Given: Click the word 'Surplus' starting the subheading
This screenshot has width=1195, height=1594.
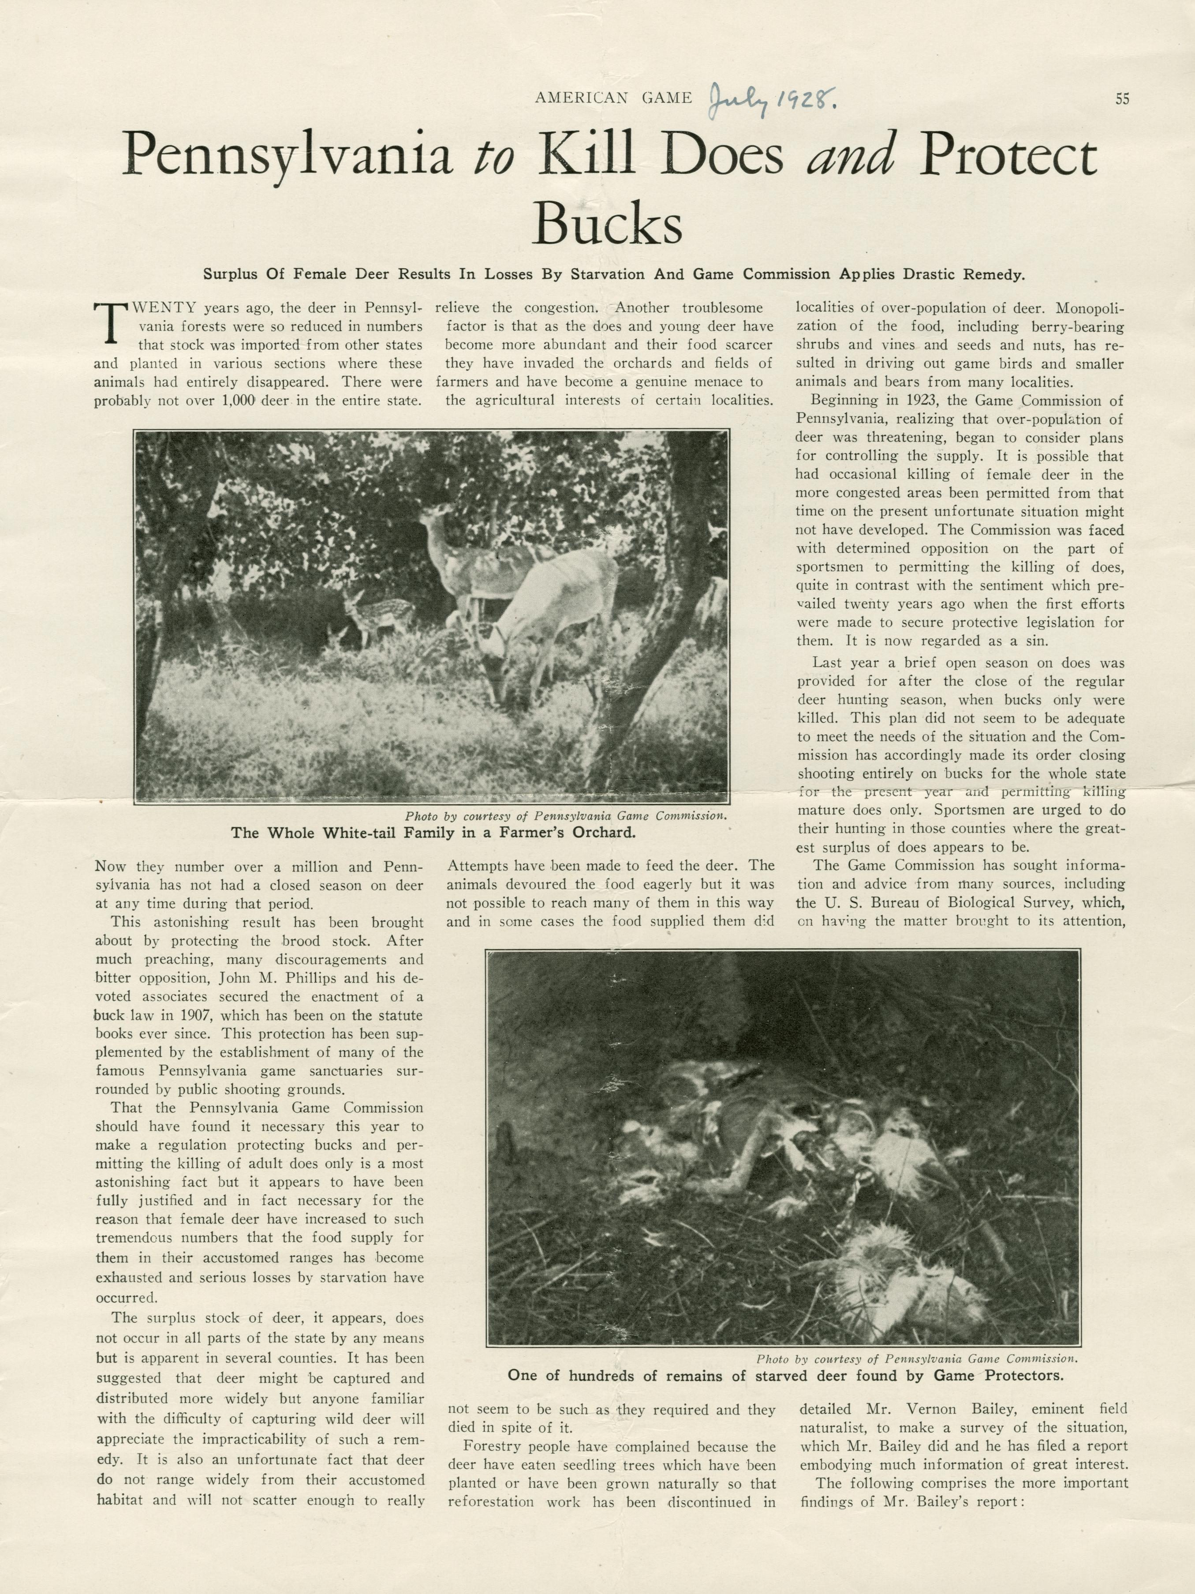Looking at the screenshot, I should (229, 274).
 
